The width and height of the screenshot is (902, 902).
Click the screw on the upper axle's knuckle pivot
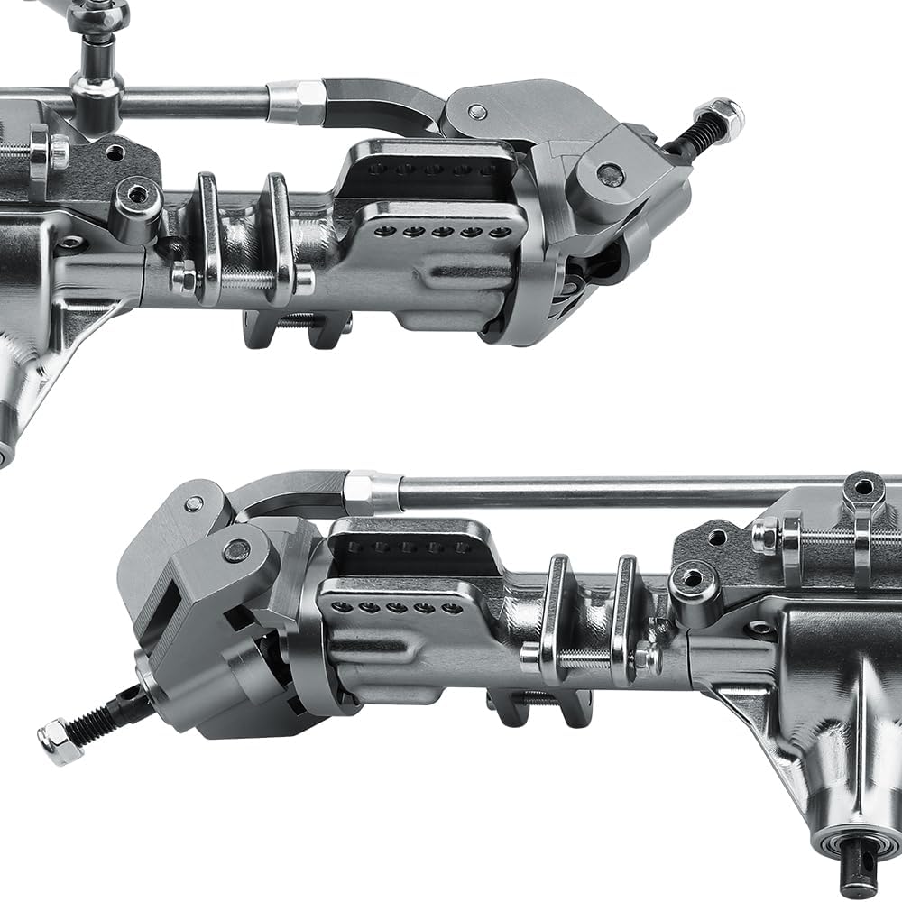coord(611,173)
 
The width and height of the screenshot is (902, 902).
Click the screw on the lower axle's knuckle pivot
coord(237,549)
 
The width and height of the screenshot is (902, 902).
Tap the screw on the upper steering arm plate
coord(478,112)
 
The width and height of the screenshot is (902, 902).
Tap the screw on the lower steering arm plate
coord(193,503)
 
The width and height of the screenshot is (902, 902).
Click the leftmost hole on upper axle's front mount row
coord(385,232)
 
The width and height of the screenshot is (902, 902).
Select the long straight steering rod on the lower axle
coord(613,492)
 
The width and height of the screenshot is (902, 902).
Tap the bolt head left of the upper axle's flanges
coord(181,278)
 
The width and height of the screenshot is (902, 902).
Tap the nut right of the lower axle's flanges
coord(646,658)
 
